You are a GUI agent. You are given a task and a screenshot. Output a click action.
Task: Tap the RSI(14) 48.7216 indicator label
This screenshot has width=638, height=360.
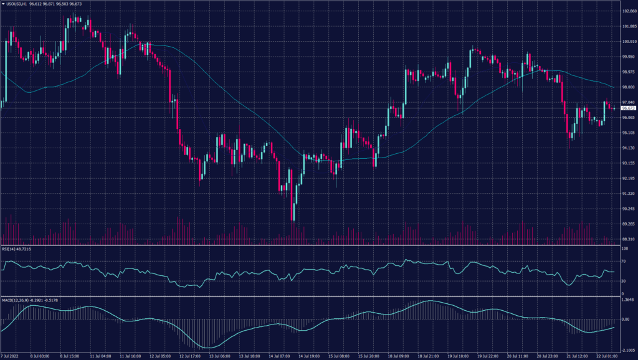[x=16, y=249]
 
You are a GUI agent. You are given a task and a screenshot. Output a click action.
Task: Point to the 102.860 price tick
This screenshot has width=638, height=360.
[x=628, y=11]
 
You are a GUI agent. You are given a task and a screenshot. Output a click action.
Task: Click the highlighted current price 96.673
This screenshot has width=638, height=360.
[x=628, y=108]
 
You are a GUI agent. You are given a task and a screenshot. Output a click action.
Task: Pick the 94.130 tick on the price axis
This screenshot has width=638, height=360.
[x=628, y=148]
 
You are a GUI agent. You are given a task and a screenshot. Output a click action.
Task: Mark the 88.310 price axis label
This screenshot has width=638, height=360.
[x=628, y=239]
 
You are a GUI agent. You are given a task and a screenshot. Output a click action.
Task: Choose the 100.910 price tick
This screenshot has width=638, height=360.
[x=628, y=42]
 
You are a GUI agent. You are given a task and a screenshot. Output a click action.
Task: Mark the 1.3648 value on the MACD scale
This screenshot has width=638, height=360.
[x=628, y=300]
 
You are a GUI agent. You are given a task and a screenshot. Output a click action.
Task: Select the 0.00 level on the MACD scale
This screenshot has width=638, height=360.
[x=626, y=319]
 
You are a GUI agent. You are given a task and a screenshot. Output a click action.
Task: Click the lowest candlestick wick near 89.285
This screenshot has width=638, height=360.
[x=293, y=219]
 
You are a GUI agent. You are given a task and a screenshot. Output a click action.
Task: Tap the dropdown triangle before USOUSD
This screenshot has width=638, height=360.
[x=3, y=4]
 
